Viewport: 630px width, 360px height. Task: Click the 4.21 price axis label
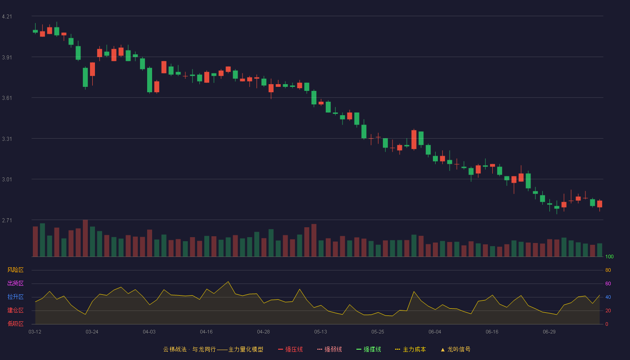click(x=7, y=17)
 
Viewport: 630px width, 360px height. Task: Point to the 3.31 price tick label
click(x=7, y=139)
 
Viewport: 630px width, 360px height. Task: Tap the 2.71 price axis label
click(x=7, y=220)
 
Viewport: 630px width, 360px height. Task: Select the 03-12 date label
click(x=35, y=332)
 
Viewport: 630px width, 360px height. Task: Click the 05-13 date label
click(x=320, y=332)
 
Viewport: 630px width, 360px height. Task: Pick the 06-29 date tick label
click(x=549, y=332)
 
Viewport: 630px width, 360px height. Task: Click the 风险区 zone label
click(x=15, y=270)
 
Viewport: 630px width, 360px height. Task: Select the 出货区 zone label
click(x=15, y=283)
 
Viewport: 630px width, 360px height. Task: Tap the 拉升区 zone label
click(x=15, y=297)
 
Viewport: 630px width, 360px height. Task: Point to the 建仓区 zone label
click(x=15, y=310)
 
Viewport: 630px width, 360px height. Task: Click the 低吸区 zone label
click(x=15, y=324)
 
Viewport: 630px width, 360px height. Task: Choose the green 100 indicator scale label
click(x=609, y=256)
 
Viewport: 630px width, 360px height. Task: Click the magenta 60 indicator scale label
click(x=608, y=283)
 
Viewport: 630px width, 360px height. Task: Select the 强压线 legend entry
click(x=290, y=349)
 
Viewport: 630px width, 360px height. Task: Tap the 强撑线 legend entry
click(x=369, y=349)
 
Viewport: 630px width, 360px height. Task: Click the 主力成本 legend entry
click(x=410, y=349)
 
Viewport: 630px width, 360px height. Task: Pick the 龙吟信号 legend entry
click(x=455, y=349)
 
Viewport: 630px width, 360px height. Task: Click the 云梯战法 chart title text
click(x=175, y=349)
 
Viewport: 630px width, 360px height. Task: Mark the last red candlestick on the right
click(x=599, y=204)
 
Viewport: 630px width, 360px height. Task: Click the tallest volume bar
click(x=85, y=238)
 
